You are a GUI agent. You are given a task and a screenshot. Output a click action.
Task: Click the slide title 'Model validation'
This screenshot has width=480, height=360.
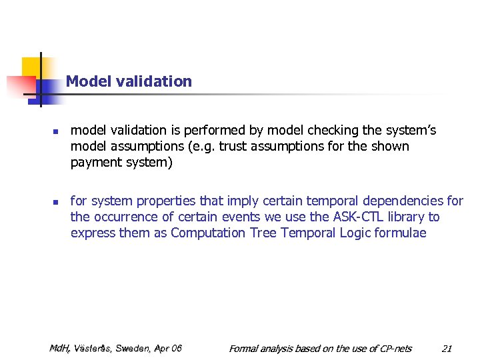129,81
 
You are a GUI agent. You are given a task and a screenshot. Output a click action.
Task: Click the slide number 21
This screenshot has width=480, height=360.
447,348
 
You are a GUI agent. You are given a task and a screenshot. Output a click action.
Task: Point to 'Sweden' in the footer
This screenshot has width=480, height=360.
133,348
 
